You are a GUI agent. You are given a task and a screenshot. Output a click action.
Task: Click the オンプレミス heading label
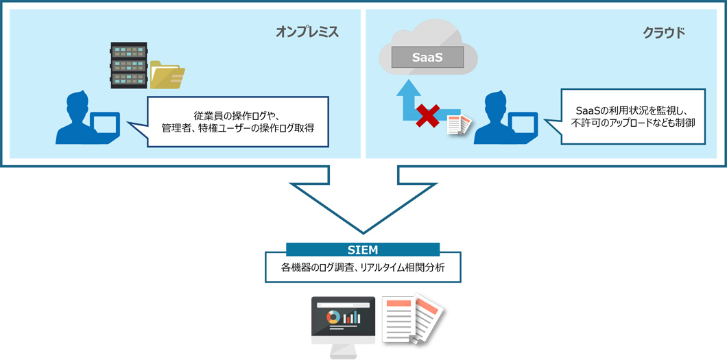click(307, 32)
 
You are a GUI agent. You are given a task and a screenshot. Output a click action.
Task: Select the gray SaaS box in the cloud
click(427, 58)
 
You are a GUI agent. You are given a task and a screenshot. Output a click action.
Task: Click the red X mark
click(429, 117)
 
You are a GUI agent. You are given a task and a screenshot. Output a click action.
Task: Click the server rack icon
click(129, 66)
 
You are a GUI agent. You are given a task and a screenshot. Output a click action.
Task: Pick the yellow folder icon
click(167, 75)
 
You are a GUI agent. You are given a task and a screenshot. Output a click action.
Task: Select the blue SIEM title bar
click(363, 249)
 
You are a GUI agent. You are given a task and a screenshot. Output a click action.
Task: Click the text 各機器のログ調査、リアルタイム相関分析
click(363, 268)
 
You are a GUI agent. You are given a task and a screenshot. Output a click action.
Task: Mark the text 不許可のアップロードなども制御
click(632, 123)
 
